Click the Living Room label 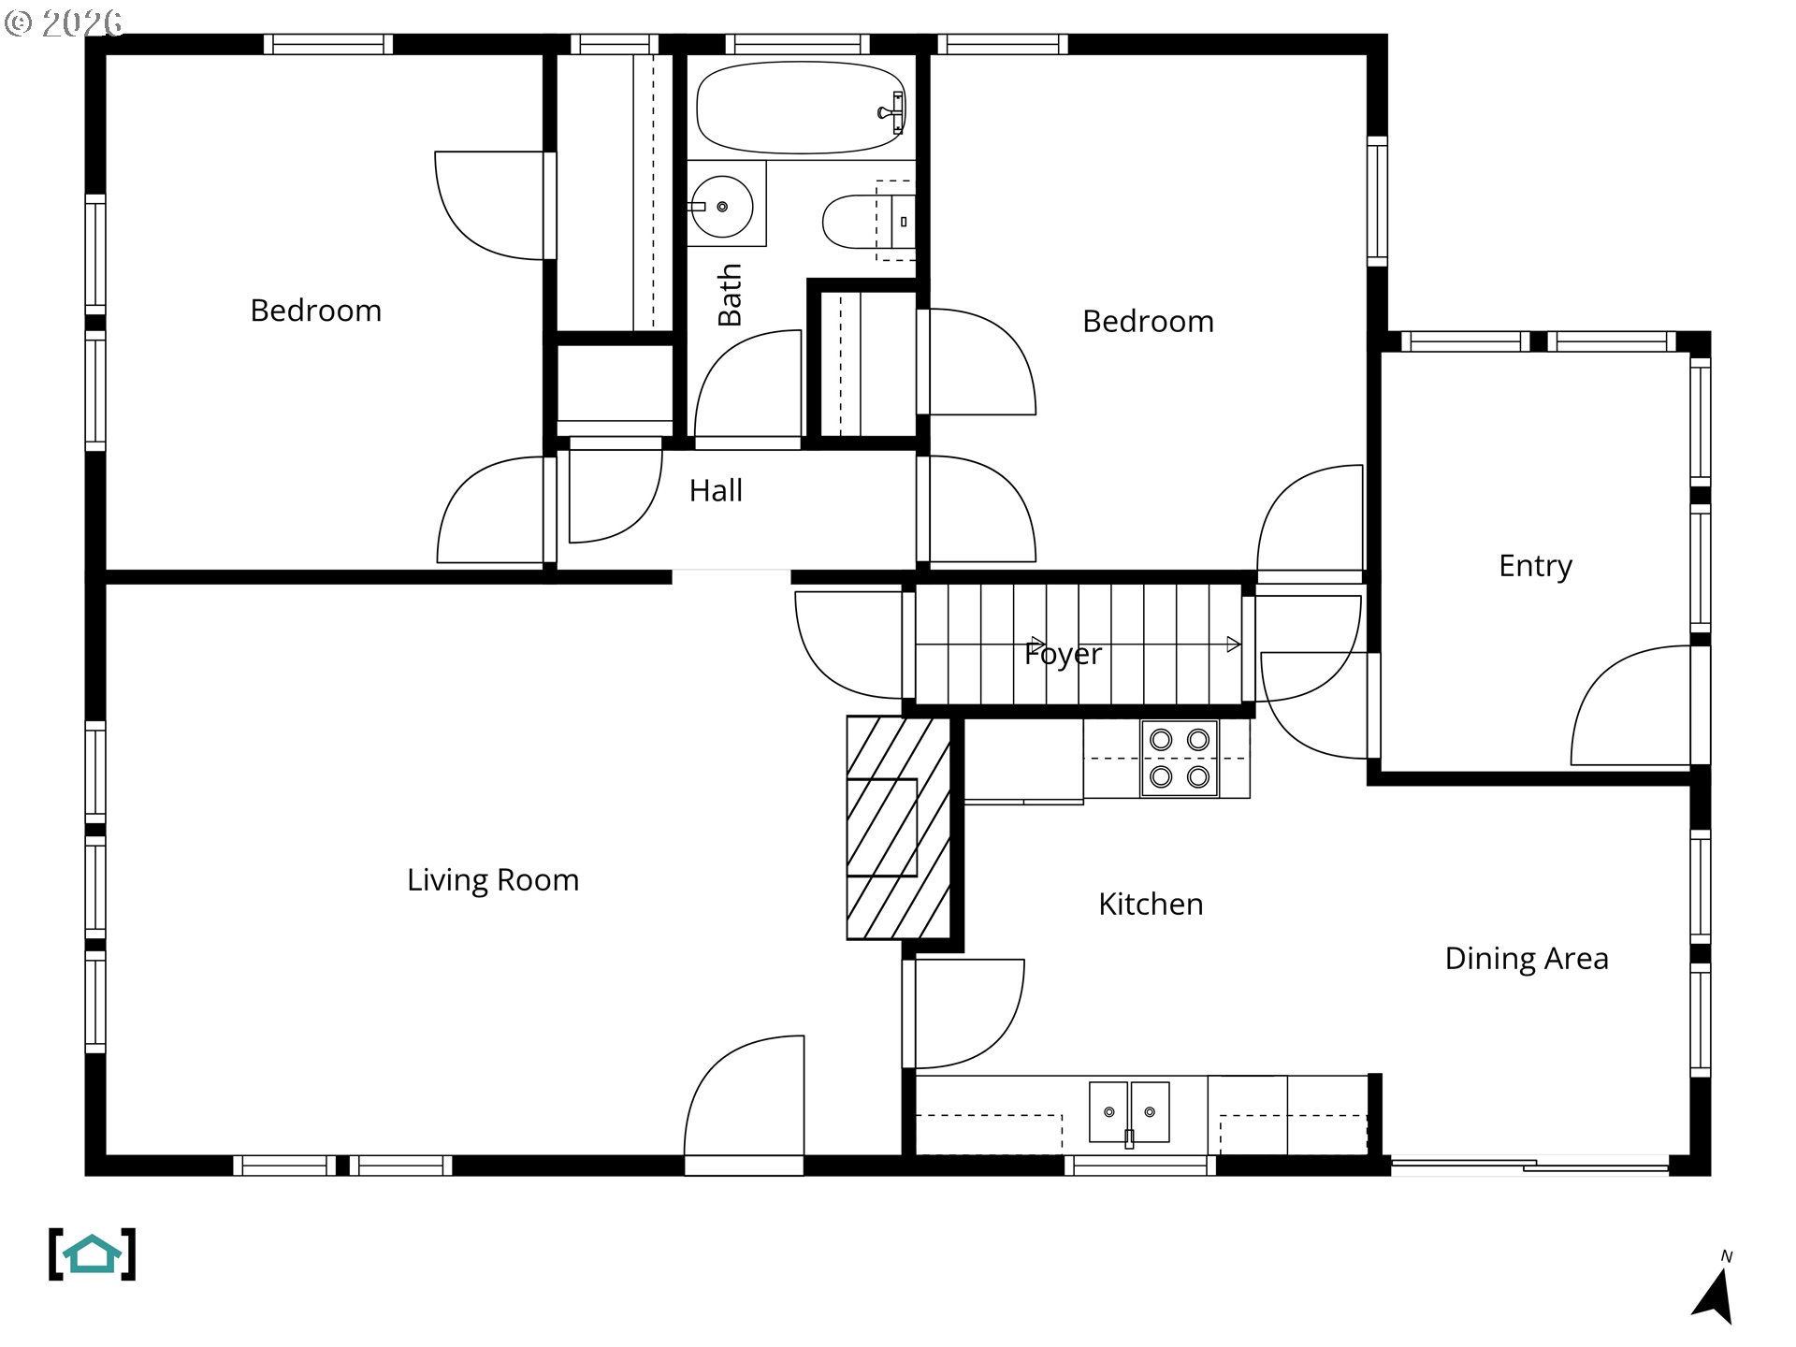click(x=493, y=880)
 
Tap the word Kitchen click(x=1151, y=904)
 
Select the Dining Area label click(x=1527, y=958)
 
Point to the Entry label click(x=1535, y=566)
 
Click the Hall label click(x=716, y=490)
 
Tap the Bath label click(x=730, y=295)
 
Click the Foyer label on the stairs click(x=1063, y=653)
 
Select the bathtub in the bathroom click(x=801, y=108)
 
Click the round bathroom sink click(x=721, y=206)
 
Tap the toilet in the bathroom click(x=867, y=222)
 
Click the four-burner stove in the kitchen click(x=1180, y=758)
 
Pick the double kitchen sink click(x=1129, y=1113)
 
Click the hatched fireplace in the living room click(x=899, y=828)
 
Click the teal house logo click(x=92, y=1254)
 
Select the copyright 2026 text click(x=64, y=22)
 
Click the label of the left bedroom click(x=316, y=311)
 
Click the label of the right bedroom click(x=1148, y=322)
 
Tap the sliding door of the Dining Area click(x=1530, y=1166)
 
